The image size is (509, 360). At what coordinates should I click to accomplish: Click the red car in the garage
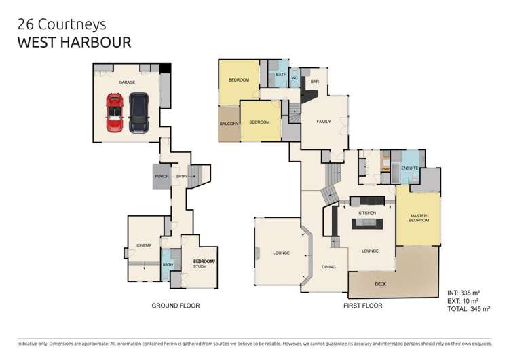(115, 113)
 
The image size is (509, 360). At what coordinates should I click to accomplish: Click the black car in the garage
(138, 113)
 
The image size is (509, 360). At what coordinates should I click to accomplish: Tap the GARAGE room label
(127, 82)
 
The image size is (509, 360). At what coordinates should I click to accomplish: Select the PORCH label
(162, 176)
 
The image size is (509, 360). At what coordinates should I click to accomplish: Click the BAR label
(314, 82)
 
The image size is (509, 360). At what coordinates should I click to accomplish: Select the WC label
(295, 78)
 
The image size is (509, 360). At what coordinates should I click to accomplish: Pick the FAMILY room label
(324, 122)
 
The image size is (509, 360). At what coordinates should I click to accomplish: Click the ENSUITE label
(409, 168)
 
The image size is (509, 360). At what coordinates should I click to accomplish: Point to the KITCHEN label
(367, 213)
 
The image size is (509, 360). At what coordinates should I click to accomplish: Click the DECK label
(381, 284)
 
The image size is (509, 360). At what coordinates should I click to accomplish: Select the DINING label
(328, 267)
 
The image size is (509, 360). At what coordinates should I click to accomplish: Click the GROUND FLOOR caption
(175, 306)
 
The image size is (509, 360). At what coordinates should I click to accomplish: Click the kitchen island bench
(367, 225)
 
